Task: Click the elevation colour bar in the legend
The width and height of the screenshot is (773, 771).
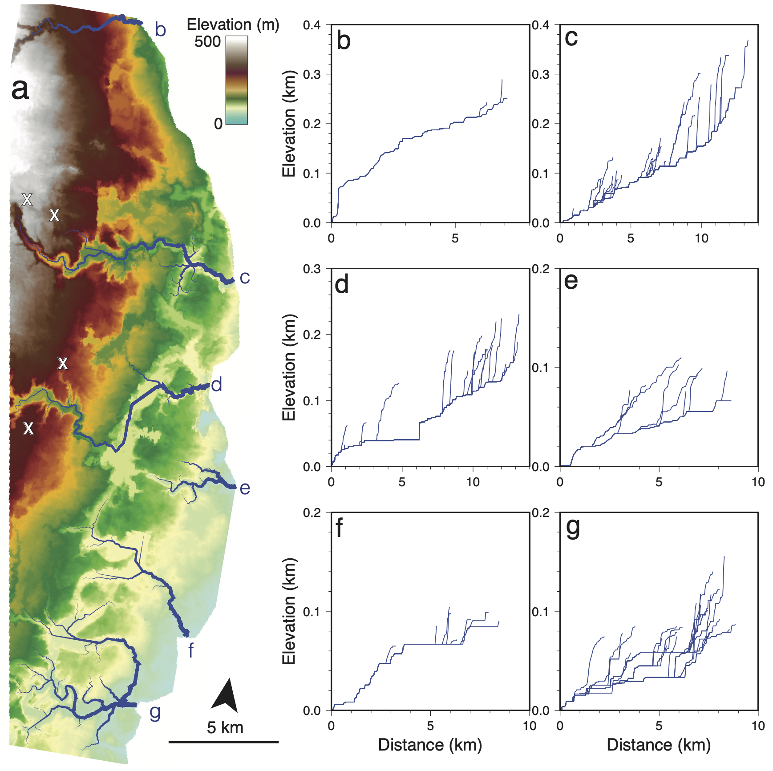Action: (236, 80)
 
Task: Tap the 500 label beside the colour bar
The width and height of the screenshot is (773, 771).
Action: (207, 42)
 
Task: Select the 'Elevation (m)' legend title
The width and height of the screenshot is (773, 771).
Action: (233, 24)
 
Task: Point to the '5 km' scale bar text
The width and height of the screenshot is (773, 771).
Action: (225, 728)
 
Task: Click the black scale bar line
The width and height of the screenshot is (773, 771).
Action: (223, 742)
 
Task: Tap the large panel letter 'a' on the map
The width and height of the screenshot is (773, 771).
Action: (20, 89)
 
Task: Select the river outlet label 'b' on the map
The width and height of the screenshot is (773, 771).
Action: (160, 30)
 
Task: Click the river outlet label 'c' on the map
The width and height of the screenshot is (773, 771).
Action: (245, 278)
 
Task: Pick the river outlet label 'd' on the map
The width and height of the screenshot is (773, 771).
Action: (217, 384)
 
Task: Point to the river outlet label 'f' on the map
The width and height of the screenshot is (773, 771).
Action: (190, 650)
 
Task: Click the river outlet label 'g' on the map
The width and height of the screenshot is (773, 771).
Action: (154, 711)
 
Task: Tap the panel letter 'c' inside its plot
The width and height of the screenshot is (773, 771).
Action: (571, 38)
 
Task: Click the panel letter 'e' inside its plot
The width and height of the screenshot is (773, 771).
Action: (571, 282)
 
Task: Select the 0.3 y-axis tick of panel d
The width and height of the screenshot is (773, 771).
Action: (312, 269)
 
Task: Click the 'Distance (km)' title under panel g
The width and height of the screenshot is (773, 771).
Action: (659, 745)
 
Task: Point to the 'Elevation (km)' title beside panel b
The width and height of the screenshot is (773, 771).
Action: (289, 124)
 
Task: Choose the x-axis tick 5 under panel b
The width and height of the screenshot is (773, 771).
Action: (455, 238)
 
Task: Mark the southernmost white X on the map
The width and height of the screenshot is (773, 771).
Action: (28, 428)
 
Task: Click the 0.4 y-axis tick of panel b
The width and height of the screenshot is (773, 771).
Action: (312, 25)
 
